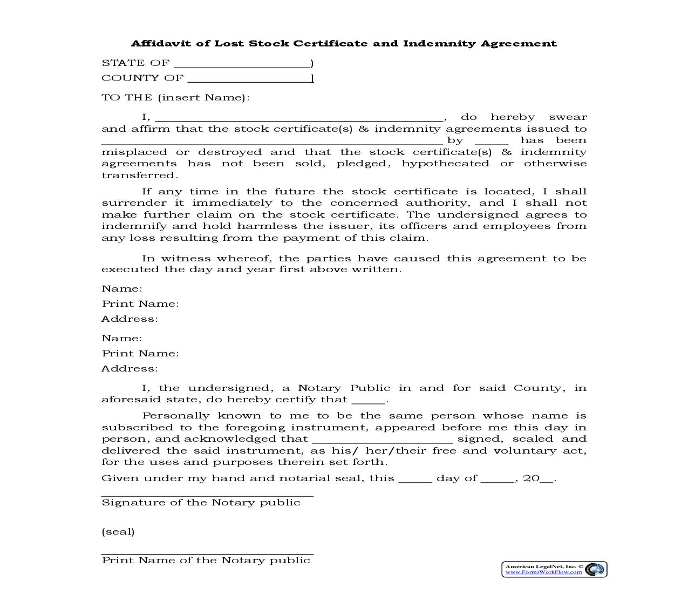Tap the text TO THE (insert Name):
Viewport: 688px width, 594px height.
175,98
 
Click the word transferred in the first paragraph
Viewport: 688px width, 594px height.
139,175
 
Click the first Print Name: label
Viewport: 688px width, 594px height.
140,304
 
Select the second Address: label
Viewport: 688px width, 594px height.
130,369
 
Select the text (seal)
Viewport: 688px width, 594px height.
118,532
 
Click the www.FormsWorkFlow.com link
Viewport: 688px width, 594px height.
543,572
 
